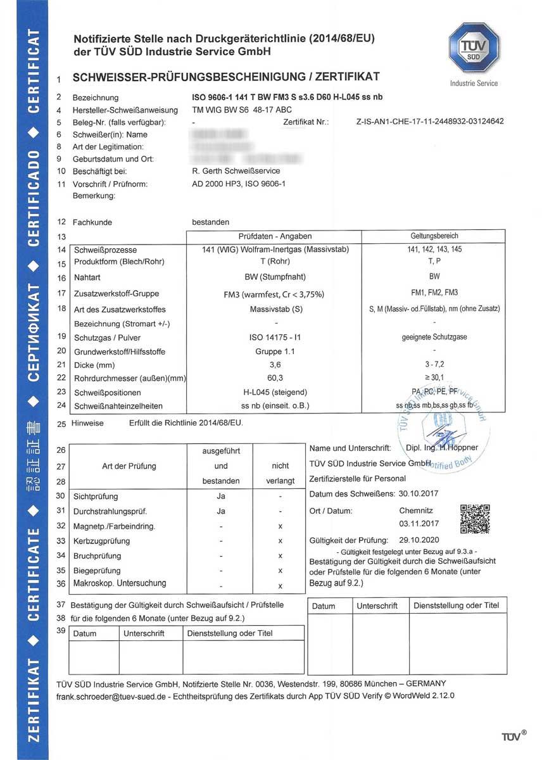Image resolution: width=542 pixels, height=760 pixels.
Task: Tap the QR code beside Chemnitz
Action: pyautogui.click(x=475, y=519)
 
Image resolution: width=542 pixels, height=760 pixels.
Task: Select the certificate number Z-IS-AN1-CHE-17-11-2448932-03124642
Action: pyautogui.click(x=431, y=121)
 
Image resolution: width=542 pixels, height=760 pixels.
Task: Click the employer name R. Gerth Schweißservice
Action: pyautogui.click(x=236, y=171)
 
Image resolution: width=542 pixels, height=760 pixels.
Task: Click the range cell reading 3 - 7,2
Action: pyautogui.click(x=434, y=365)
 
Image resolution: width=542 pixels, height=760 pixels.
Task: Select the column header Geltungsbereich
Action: pyautogui.click(x=434, y=236)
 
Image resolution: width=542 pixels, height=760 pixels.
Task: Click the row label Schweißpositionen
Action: pyautogui.click(x=106, y=393)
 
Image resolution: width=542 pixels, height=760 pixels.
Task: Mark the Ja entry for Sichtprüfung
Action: pyautogui.click(x=221, y=496)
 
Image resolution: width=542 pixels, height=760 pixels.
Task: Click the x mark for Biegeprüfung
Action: pyautogui.click(x=280, y=571)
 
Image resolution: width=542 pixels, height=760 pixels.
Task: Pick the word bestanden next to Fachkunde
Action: pyautogui.click(x=211, y=222)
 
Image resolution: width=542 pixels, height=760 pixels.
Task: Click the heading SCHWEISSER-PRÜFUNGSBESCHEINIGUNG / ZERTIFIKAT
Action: pyautogui.click(x=227, y=77)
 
